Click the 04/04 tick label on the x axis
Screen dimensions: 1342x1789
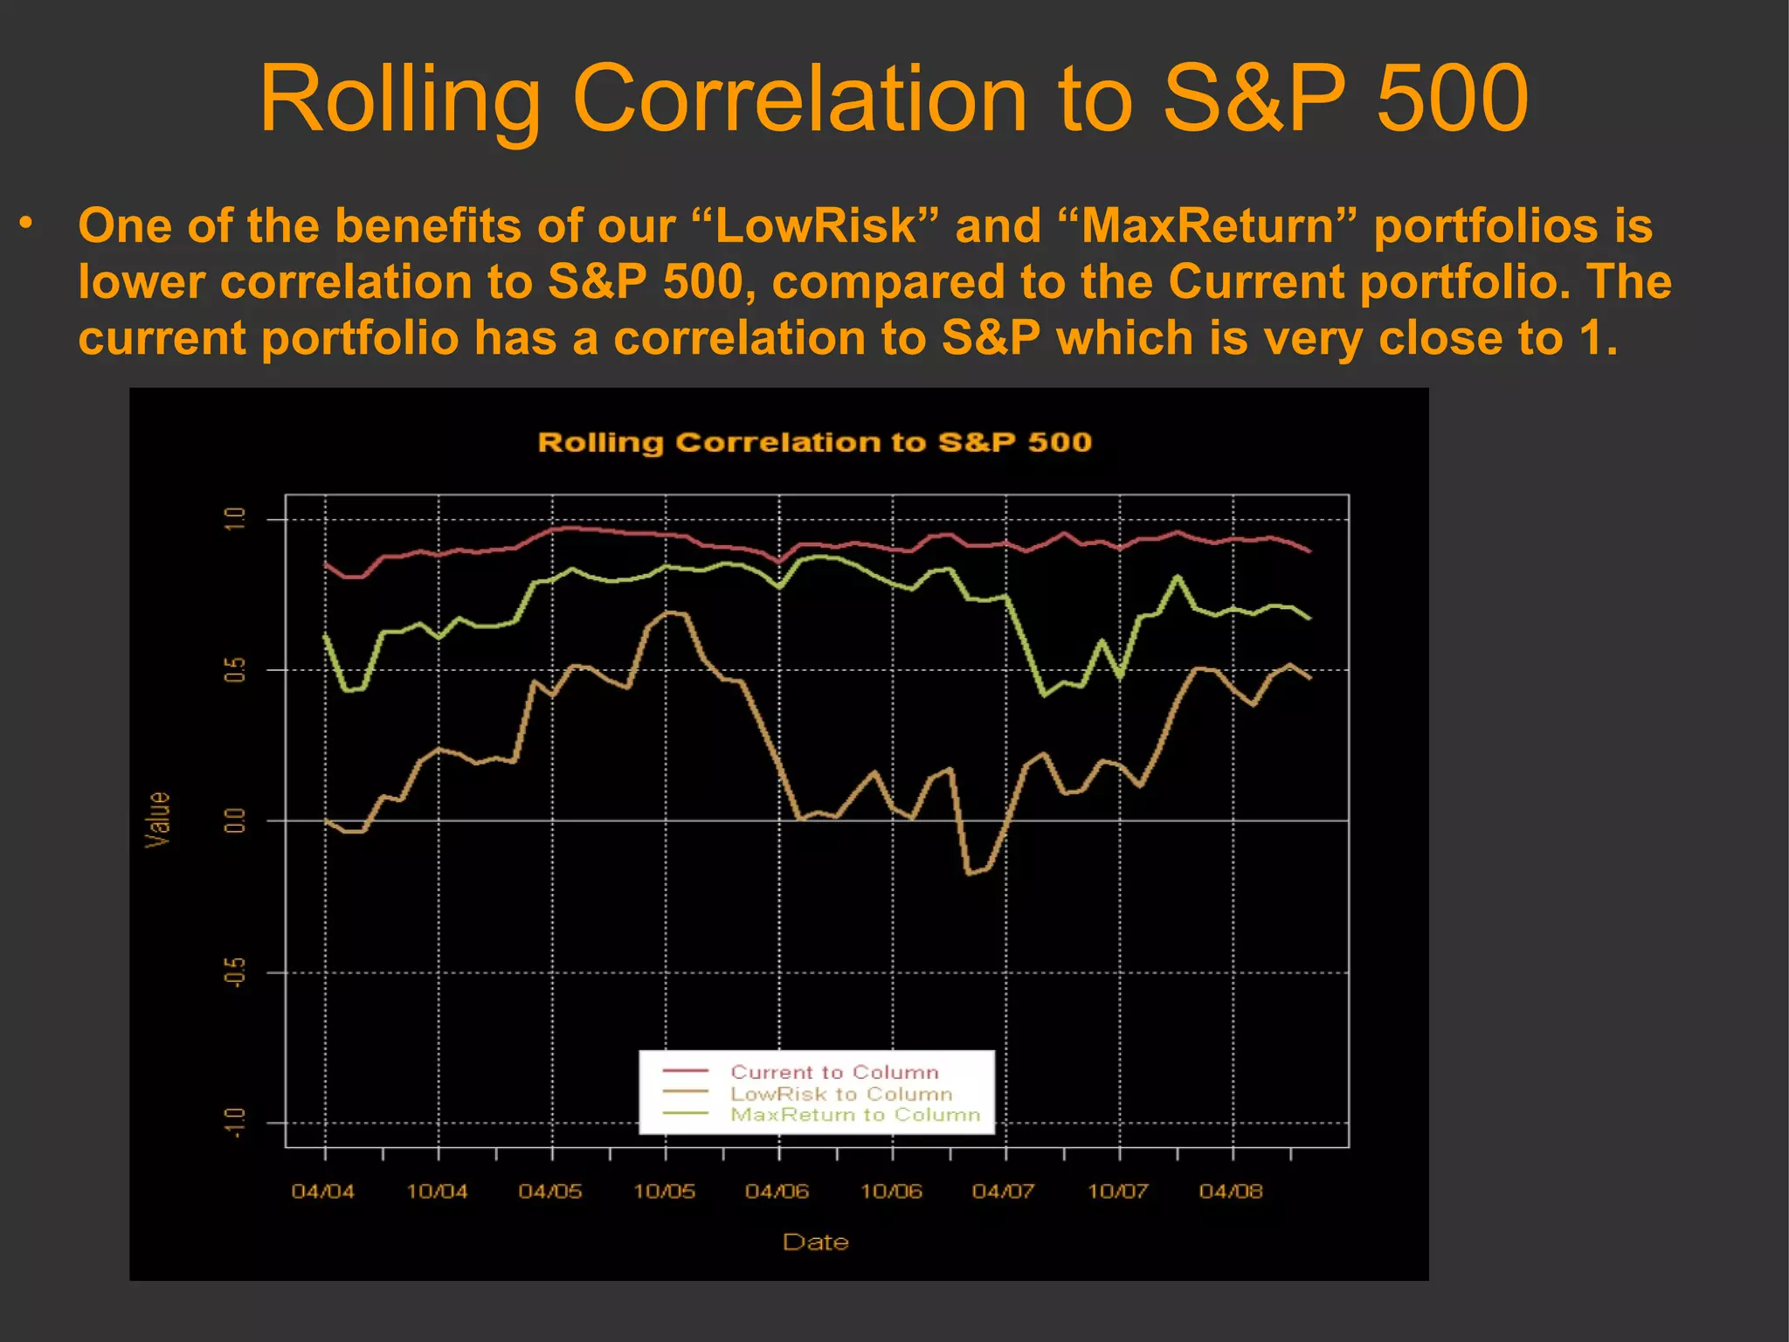point(323,1191)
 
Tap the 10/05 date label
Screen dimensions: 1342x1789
point(664,1191)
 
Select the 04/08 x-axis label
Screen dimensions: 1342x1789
point(1231,1191)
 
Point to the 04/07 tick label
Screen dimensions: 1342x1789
point(1004,1191)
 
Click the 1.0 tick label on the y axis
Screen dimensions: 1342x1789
point(235,518)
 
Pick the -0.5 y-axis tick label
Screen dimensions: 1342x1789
point(235,972)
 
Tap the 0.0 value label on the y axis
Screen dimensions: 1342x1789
point(235,820)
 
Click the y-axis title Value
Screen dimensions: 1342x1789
point(158,820)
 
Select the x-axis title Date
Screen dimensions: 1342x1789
point(815,1242)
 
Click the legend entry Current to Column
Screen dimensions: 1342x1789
point(834,1072)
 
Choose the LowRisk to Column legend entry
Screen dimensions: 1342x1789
point(841,1094)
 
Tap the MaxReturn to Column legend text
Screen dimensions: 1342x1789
point(855,1115)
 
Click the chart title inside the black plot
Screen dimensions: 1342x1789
point(814,442)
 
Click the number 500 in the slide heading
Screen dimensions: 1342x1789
point(1452,98)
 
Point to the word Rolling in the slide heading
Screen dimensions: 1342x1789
point(400,98)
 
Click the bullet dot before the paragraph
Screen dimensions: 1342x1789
point(27,224)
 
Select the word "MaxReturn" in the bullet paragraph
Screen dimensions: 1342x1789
point(1207,225)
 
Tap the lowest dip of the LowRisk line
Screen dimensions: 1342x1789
point(969,873)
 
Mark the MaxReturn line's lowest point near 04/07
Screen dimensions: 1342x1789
point(1043,695)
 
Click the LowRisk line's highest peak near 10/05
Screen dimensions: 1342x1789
point(668,612)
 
